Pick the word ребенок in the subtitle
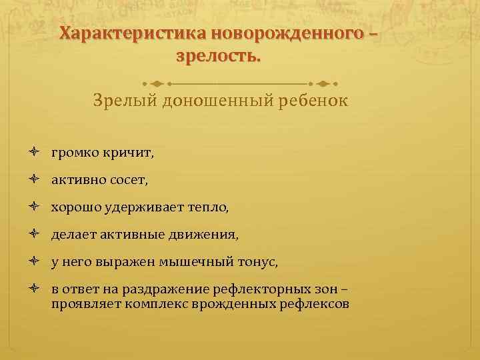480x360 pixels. coord(309,102)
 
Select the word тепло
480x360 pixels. coord(209,207)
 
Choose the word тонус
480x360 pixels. coord(260,263)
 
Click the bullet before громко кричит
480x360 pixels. coord(34,153)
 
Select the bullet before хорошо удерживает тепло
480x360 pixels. coord(34,207)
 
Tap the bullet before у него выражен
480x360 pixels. coord(34,262)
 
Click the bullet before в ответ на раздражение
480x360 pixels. coord(34,290)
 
